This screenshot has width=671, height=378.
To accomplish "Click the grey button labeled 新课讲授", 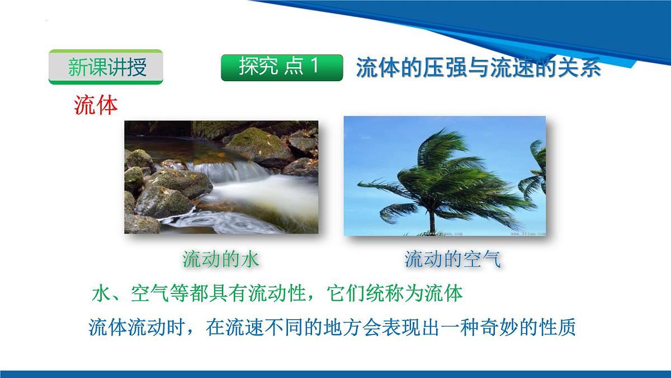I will pyautogui.click(x=106, y=67).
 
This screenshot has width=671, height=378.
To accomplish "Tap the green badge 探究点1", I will pyautogui.click(x=281, y=67).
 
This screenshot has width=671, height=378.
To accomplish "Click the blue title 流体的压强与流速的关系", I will pyautogui.click(x=478, y=68).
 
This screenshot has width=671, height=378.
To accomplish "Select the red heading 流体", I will pyautogui.click(x=96, y=105).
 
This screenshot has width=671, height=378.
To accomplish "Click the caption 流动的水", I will pyautogui.click(x=221, y=259).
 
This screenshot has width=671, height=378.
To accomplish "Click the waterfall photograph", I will pyautogui.click(x=221, y=176).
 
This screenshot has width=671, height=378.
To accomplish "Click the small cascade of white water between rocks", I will pyautogui.click(x=215, y=168).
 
